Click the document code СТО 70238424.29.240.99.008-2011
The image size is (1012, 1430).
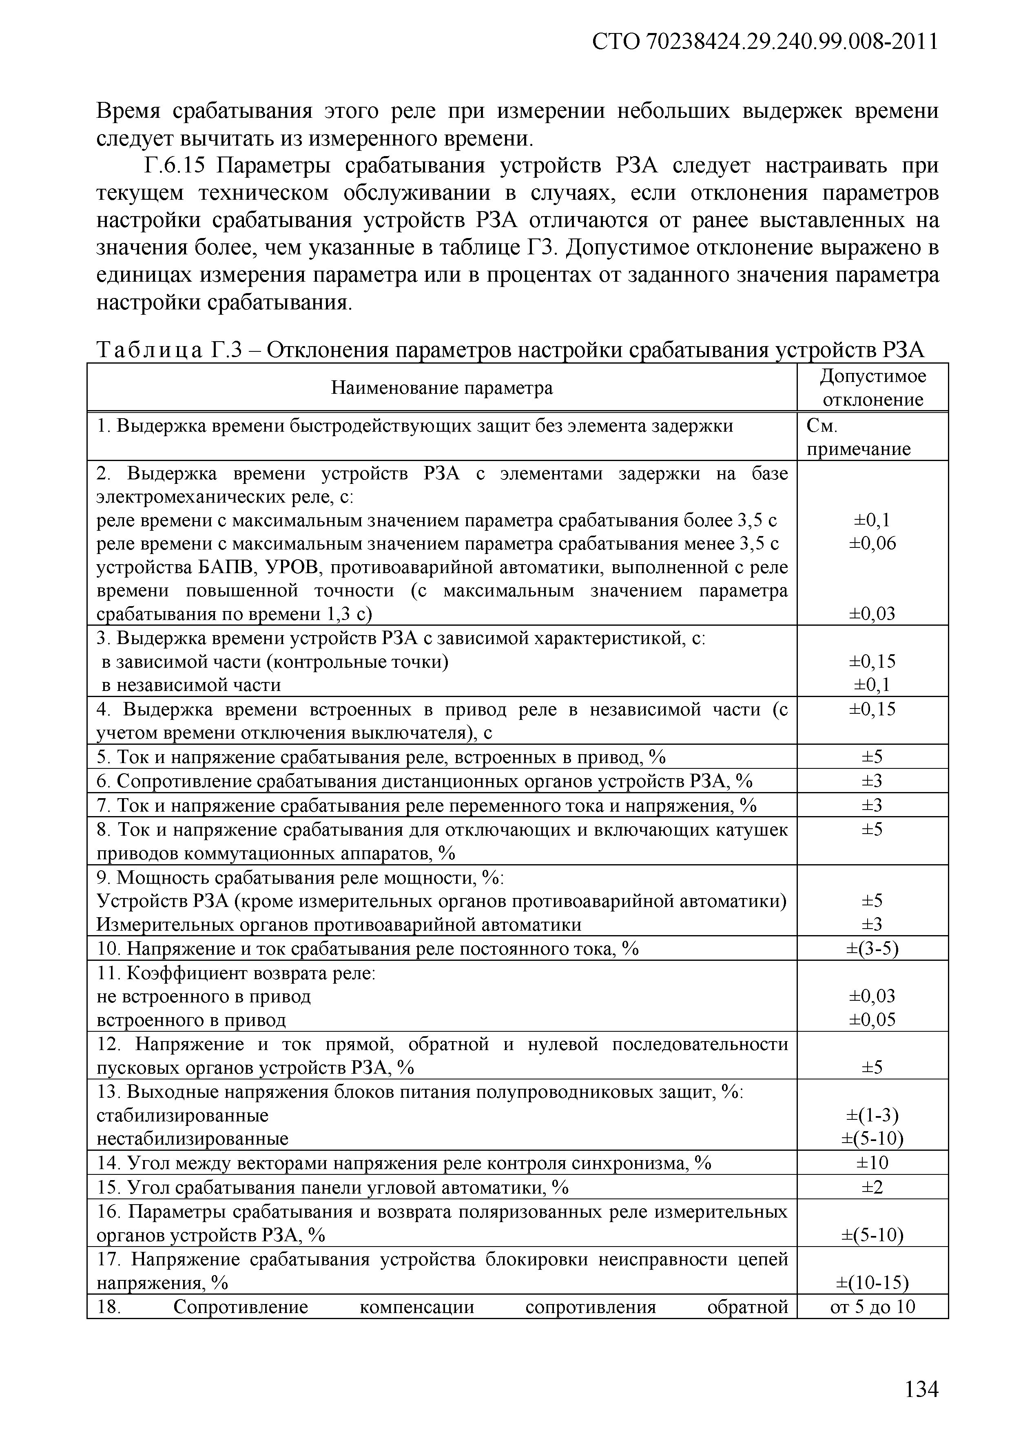tap(764, 42)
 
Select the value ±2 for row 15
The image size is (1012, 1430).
tap(872, 1187)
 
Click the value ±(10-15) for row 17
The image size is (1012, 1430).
tap(872, 1282)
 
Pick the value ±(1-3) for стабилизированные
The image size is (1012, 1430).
tap(872, 1114)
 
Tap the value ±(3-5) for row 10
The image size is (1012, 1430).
tap(872, 949)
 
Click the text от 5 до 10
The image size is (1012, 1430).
tap(872, 1306)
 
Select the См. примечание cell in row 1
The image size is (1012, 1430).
tap(858, 437)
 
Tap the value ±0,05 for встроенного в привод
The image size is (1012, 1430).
tap(872, 1020)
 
